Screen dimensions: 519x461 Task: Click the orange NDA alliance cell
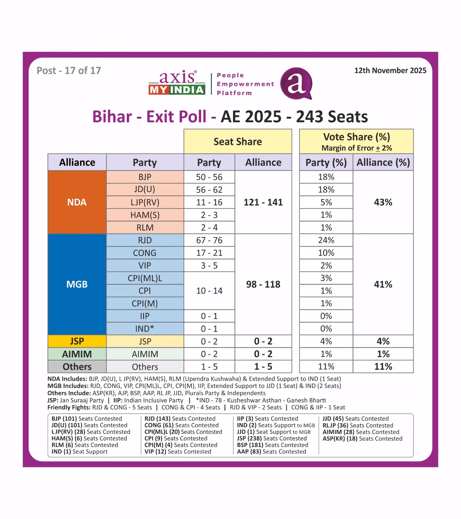[77, 202]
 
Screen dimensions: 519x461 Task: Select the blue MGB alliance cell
[77, 284]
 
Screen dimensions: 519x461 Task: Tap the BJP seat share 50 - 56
[209, 177]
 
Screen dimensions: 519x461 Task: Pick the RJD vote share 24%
[326, 240]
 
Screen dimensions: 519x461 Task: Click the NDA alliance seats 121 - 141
[263, 202]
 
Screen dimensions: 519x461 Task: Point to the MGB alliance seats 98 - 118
[263, 284]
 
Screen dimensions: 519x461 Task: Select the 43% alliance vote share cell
[383, 202]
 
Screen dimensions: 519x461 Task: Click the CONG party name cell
[145, 253]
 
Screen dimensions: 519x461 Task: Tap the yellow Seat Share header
[238, 142]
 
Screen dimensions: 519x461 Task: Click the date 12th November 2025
[390, 71]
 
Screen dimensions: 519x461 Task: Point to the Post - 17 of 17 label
[69, 71]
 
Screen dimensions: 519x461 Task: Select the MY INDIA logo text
[177, 90]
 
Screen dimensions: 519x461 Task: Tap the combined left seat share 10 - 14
[209, 291]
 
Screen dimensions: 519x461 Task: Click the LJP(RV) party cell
[145, 202]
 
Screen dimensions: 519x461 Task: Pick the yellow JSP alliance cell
[77, 341]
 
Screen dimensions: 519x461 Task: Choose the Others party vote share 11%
[326, 367]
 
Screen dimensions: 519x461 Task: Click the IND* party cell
[145, 329]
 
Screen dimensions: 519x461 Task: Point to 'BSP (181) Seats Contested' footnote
[273, 445]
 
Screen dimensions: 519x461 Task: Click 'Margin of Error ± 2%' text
[357, 148]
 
